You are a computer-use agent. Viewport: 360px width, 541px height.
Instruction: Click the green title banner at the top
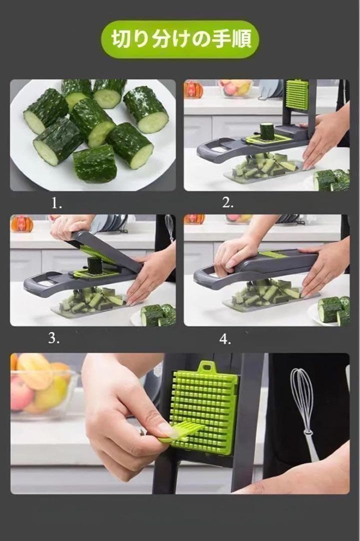(180, 40)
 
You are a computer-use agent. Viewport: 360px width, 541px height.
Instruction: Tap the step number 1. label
(57, 203)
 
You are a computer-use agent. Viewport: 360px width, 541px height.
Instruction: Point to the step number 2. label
(227, 203)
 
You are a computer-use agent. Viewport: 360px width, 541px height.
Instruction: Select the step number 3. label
(54, 338)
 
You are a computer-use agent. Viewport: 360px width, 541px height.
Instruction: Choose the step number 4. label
(225, 340)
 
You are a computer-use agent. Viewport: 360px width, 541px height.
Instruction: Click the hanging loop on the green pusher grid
(207, 366)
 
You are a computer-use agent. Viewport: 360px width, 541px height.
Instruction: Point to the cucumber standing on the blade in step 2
(266, 131)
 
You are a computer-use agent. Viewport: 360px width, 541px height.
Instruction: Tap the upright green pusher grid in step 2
(297, 95)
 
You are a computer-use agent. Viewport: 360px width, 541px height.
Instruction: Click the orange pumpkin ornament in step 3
(22, 224)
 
